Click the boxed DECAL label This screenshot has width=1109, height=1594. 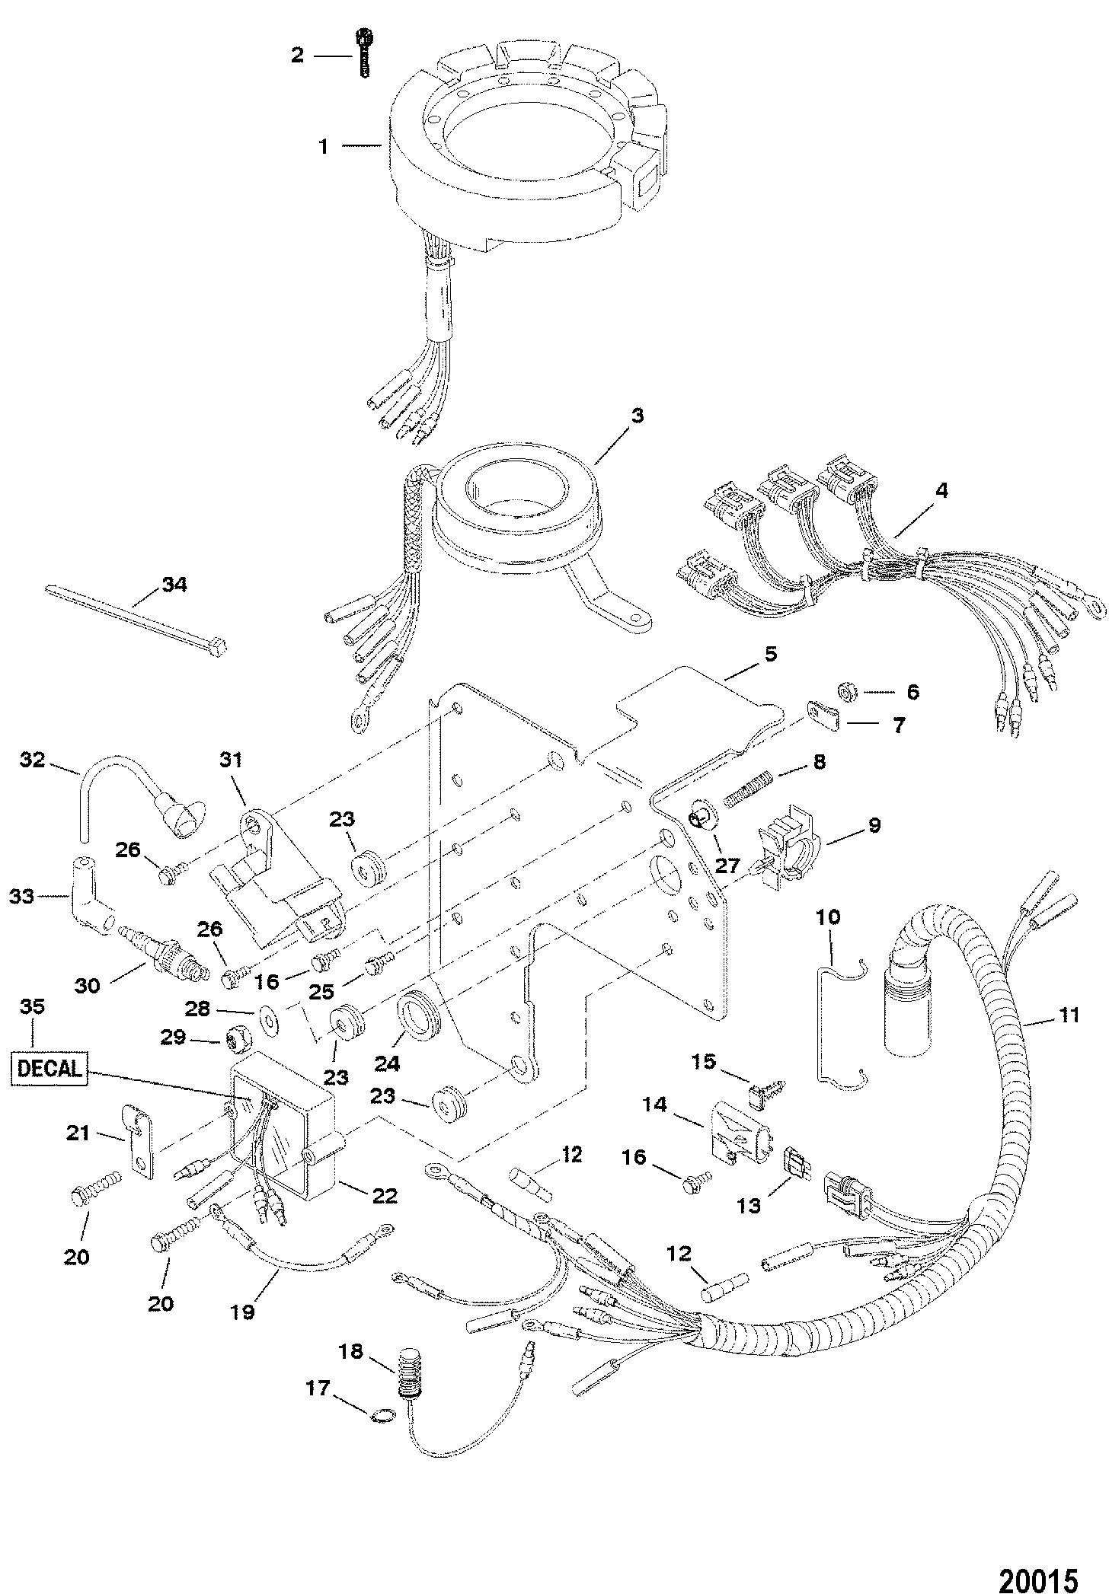(50, 1068)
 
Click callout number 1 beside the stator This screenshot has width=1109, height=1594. (324, 146)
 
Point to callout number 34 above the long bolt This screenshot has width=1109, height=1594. (174, 585)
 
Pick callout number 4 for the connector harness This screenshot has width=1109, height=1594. (941, 491)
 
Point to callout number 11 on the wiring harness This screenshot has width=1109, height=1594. (1069, 1015)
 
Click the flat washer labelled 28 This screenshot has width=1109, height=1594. (269, 1015)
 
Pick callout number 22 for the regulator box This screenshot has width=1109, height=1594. (385, 1197)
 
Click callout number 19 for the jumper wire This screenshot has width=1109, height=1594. (243, 1312)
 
